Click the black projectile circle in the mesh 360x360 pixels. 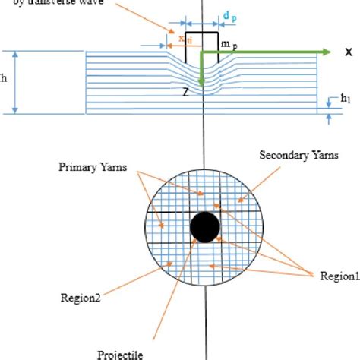204,226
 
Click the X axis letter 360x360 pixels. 348,52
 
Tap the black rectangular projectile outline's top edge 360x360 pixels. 201,33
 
